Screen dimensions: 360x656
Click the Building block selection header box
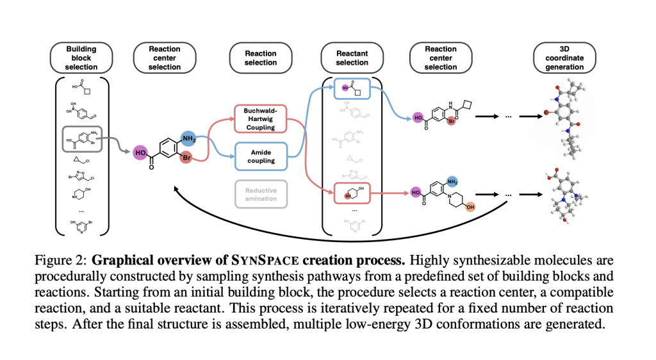[81, 58]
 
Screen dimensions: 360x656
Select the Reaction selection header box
[261, 58]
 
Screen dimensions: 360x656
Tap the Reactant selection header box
[352, 58]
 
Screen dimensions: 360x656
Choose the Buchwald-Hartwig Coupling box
[259, 119]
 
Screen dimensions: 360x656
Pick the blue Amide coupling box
[259, 155]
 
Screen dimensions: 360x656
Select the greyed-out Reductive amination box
[259, 194]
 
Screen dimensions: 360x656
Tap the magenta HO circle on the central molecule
[140, 152]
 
